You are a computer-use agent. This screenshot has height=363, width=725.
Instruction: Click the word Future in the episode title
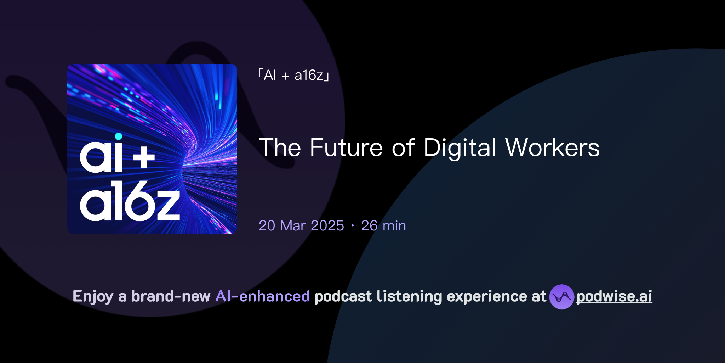346,148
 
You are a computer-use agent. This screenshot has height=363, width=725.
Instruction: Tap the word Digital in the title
459,148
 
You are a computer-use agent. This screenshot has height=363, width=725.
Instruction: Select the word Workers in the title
552,148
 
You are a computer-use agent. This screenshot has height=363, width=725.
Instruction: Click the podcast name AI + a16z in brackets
294,75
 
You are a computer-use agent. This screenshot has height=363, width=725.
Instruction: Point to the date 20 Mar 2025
301,226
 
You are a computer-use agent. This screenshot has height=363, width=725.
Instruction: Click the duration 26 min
383,226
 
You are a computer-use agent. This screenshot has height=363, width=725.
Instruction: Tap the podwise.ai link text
614,297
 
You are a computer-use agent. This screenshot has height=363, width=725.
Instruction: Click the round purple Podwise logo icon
561,297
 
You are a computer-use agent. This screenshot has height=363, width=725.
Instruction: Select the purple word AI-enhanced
263,296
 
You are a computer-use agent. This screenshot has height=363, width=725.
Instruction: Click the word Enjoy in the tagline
93,297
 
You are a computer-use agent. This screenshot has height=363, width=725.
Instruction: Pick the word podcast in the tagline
343,296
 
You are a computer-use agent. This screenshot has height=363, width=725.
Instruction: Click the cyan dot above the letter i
119,136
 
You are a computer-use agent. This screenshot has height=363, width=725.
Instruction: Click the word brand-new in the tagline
171,296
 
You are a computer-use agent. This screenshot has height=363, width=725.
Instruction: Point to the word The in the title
280,148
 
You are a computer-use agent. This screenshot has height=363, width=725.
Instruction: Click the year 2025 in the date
327,226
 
